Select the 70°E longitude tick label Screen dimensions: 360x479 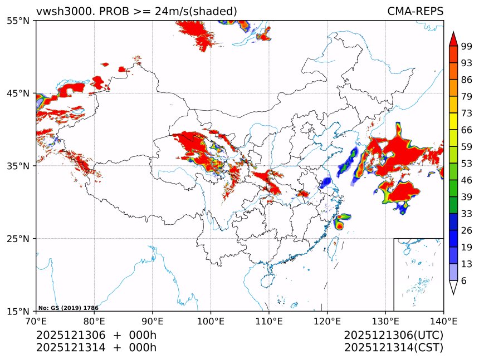click(x=36, y=320)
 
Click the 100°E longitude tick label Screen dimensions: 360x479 click(x=211, y=320)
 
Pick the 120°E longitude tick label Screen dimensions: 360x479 click(x=327, y=320)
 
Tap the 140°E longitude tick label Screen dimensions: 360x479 click(x=443, y=320)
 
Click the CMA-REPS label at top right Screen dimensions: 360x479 click(x=415, y=11)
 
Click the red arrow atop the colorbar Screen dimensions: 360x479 click(x=453, y=38)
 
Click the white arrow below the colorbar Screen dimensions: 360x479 click(x=453, y=288)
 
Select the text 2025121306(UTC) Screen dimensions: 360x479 click(x=393, y=336)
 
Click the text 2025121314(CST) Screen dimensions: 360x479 click(x=393, y=348)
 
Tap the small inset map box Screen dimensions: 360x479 click(x=418, y=274)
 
